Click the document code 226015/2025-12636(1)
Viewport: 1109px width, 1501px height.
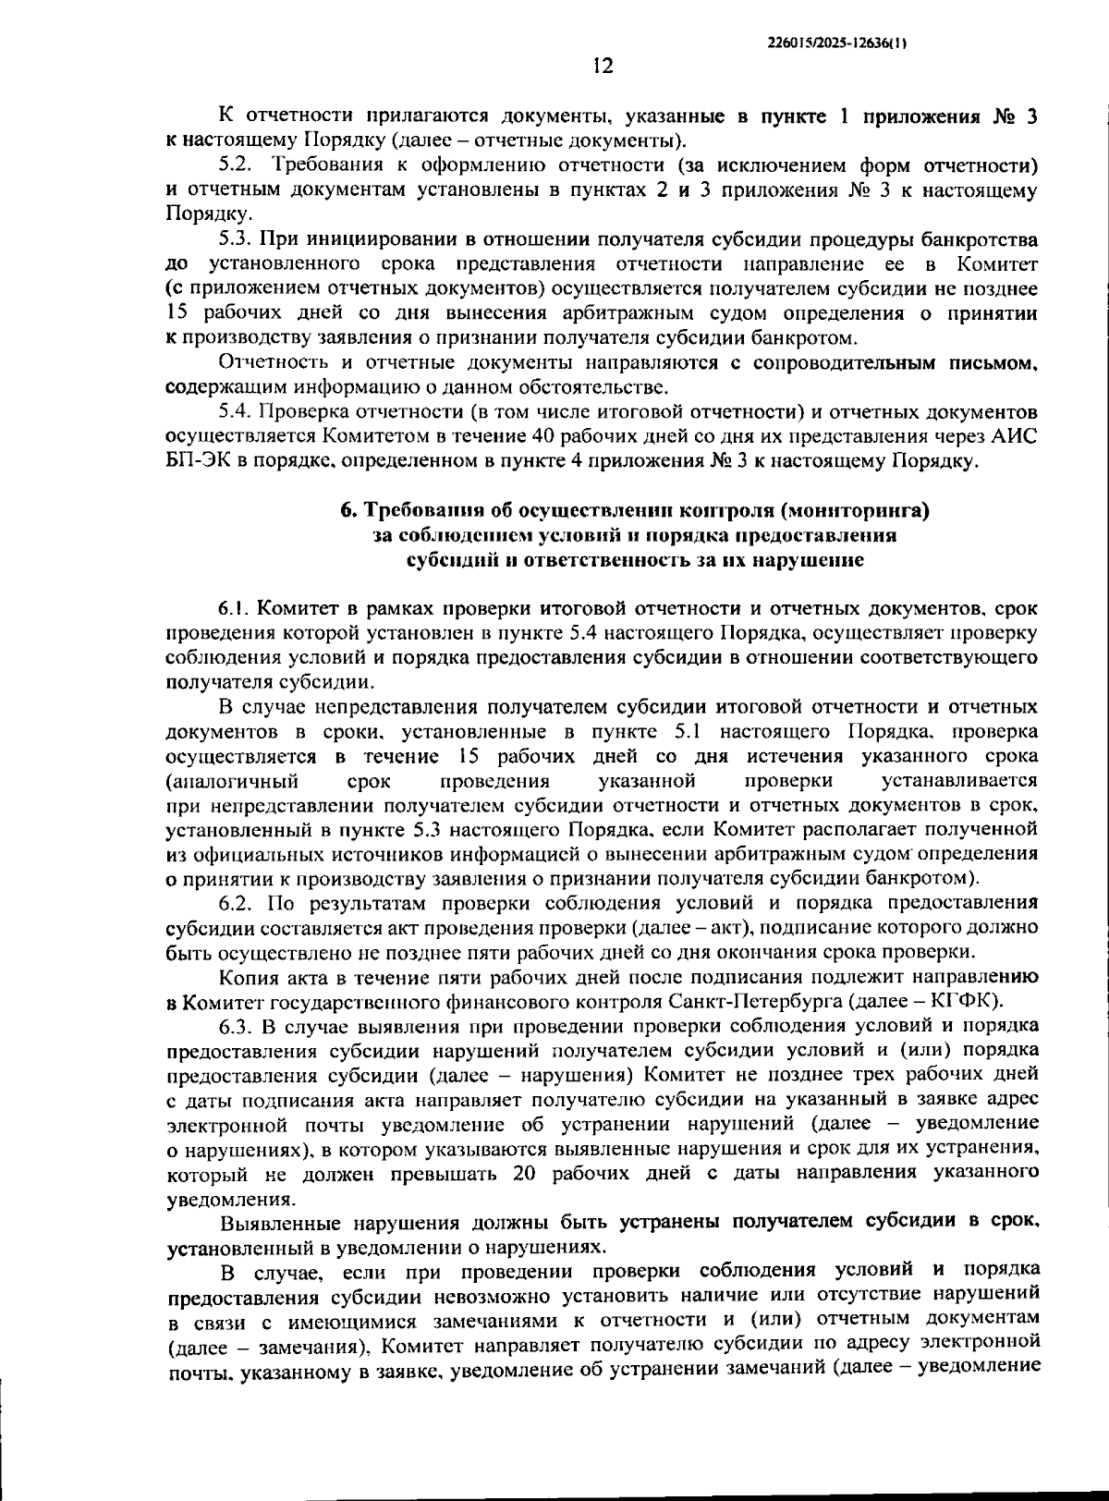(837, 43)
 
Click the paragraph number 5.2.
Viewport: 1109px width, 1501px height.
(237, 166)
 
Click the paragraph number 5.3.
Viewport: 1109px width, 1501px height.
(237, 239)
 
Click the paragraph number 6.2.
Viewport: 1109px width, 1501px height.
(237, 902)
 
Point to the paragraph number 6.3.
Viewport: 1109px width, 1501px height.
(237, 1026)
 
